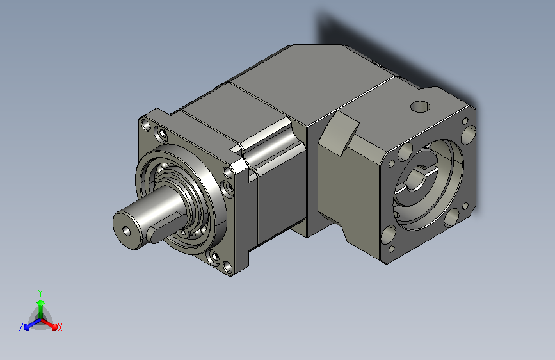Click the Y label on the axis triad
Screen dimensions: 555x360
point(40,293)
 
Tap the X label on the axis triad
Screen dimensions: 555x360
point(60,327)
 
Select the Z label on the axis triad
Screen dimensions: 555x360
point(21,327)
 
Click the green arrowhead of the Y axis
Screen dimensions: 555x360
point(41,302)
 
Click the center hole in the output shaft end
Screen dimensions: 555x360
point(126,231)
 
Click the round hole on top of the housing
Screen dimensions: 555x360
point(420,106)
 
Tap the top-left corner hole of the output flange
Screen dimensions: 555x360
point(146,125)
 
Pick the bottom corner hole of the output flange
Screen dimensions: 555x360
point(229,267)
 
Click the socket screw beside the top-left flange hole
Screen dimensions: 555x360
point(161,135)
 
